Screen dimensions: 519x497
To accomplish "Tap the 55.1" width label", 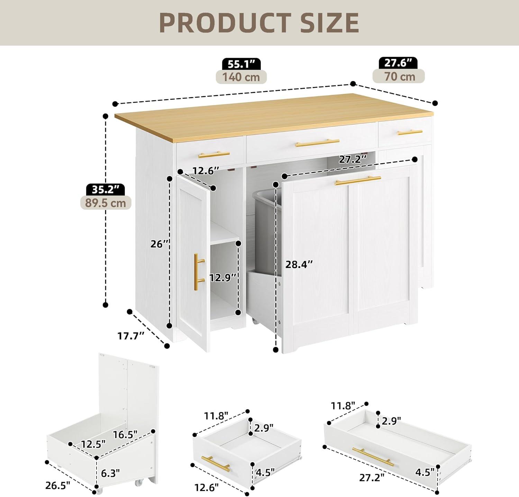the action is (x=241, y=64).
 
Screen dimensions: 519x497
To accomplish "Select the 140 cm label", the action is (x=241, y=76).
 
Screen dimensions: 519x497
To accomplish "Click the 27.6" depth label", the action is (x=398, y=63).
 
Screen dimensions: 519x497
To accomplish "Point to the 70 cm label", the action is (x=399, y=76).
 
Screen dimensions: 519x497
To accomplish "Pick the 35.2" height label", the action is (x=106, y=189).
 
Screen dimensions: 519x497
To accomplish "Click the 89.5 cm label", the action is (x=106, y=202).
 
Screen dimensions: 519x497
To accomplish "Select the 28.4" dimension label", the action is (x=299, y=264).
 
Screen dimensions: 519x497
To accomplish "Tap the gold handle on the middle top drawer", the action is (x=318, y=143).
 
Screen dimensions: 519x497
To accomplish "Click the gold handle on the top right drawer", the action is (x=410, y=132).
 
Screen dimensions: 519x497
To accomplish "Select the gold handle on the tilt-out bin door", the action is (x=358, y=180).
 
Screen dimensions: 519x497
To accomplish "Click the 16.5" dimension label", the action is (x=125, y=434).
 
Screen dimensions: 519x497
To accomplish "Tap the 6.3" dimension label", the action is (x=110, y=473).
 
